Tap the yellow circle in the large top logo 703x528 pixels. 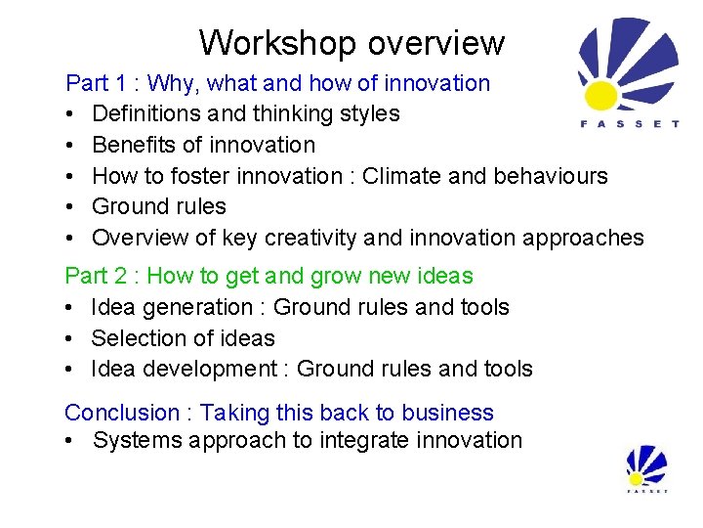point(600,95)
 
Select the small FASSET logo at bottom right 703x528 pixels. point(646,468)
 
